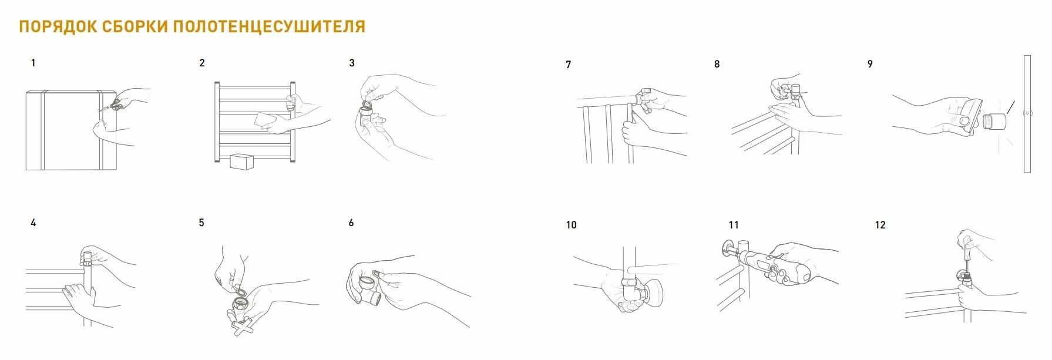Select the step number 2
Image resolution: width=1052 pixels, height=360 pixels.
click(x=202, y=63)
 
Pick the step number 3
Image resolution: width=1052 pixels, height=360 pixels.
click(x=352, y=63)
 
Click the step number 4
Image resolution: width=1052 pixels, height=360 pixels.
click(x=33, y=223)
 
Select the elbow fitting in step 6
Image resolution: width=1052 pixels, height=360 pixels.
click(x=369, y=288)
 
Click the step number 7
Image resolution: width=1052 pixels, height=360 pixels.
click(x=568, y=65)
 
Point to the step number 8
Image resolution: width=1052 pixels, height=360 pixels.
click(x=717, y=64)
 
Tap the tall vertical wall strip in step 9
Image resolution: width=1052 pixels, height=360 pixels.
click(x=1027, y=114)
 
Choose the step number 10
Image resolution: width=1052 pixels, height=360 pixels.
click(x=572, y=225)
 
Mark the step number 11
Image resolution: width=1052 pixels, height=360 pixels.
click(x=734, y=225)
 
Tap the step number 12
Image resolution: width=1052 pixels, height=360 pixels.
click(x=880, y=225)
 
